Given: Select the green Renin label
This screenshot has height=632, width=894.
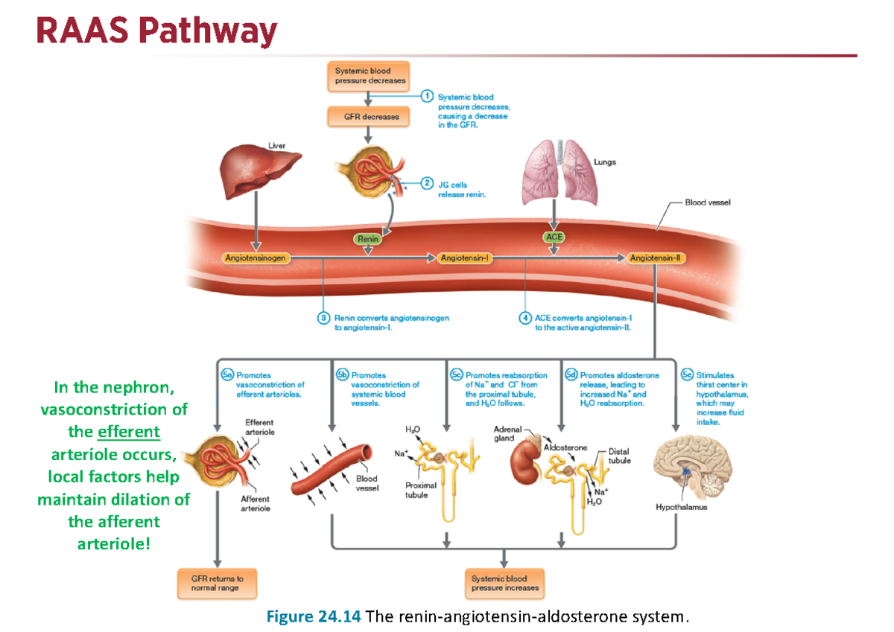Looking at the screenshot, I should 367,239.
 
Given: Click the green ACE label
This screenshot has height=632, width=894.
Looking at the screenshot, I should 554,237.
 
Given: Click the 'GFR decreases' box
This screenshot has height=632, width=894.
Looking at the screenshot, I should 366,117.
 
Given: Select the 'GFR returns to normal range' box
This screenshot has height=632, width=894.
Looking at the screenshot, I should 217,583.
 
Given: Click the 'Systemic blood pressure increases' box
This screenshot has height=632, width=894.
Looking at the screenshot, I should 504,583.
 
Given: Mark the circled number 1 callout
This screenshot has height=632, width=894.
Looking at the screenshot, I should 427,95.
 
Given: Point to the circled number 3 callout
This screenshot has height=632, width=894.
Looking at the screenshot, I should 323,318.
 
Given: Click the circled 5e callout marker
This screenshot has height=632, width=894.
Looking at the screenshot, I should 687,375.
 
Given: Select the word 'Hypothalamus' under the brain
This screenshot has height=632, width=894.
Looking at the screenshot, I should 681,508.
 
